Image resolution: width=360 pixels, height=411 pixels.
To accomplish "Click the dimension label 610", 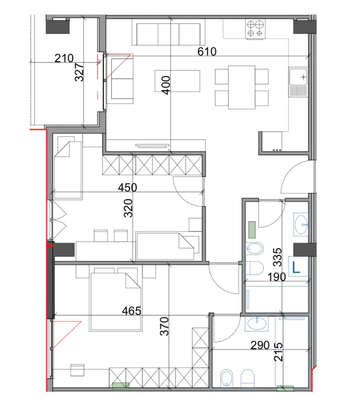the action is [207, 51].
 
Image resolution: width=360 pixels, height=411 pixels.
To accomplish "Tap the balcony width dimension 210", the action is [64, 58].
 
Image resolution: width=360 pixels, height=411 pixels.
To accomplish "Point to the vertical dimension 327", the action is [80, 72].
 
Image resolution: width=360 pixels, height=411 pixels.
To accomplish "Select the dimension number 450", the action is [127, 187].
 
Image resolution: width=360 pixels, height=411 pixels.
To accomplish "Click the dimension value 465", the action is [131, 311].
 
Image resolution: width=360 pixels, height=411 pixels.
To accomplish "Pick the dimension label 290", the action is [260, 345].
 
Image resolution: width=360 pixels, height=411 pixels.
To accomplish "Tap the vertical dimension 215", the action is [278, 352].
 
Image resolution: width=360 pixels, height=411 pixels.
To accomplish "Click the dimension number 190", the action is [277, 277].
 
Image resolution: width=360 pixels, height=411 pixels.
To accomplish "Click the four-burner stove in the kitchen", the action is [255, 29].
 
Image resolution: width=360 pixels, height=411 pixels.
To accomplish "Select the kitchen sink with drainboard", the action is [298, 82].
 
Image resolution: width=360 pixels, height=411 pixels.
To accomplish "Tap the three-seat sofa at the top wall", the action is [169, 34].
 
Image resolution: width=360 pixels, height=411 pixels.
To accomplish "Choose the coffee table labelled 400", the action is [177, 81].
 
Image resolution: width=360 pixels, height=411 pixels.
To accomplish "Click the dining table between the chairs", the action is [242, 87].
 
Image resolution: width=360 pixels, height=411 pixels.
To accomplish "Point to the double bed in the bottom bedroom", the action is [116, 302].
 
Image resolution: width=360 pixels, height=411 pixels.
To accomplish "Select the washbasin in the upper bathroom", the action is [301, 225].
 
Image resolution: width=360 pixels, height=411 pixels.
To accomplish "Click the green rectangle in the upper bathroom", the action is [252, 230].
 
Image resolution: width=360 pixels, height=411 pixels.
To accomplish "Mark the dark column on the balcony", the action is [58, 26].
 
